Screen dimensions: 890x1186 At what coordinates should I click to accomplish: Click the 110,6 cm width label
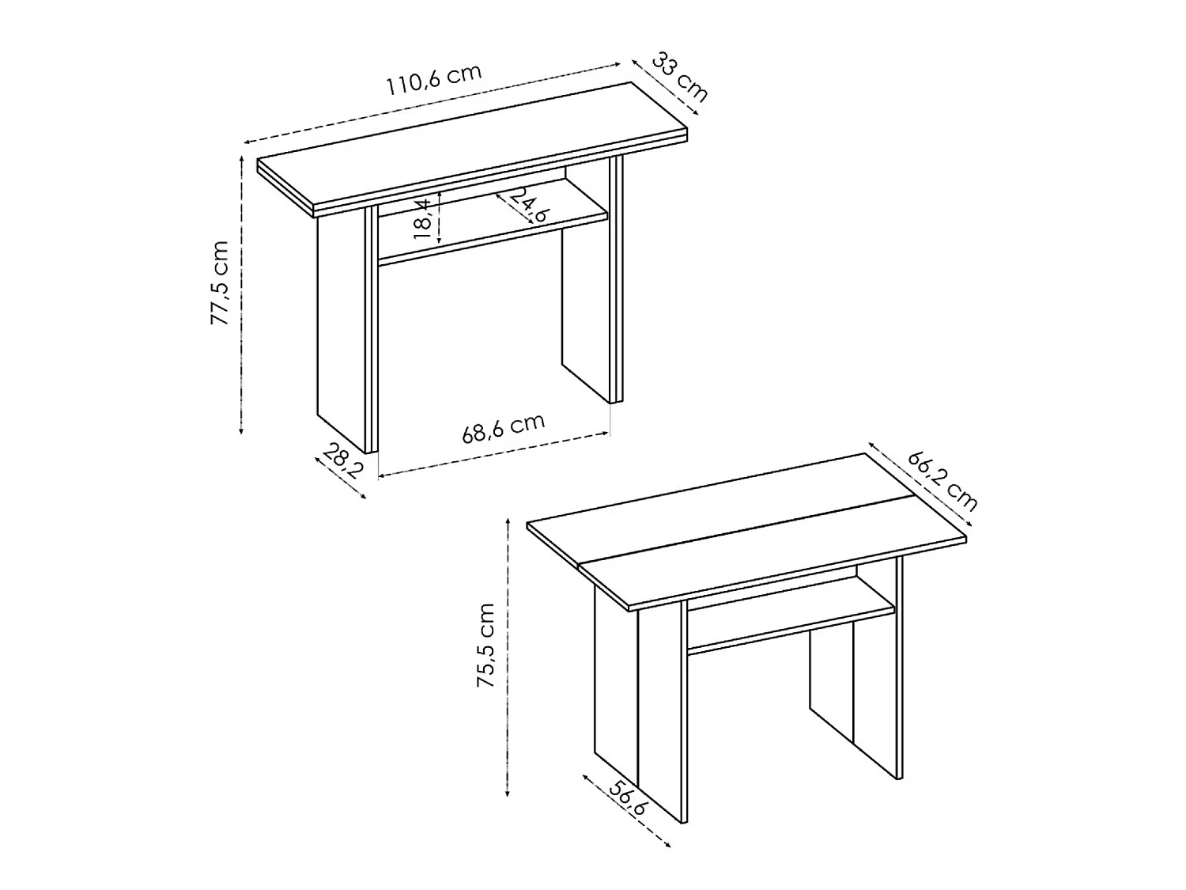tap(433, 79)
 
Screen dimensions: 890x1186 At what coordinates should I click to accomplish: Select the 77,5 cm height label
tap(219, 283)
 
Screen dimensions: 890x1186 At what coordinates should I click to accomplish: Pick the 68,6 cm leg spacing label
tap(504, 429)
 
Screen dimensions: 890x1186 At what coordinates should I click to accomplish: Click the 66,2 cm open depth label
tap(942, 480)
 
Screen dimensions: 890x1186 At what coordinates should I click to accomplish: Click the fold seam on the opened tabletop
tap(743, 532)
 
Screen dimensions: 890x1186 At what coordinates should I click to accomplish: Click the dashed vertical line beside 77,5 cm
tap(241, 293)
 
